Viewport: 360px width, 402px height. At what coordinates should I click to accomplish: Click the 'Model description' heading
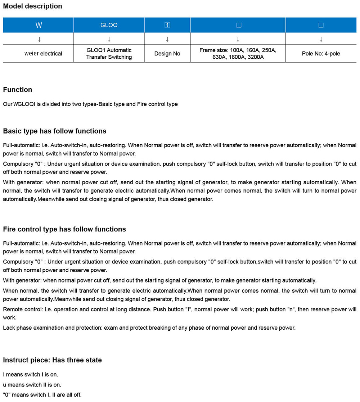click(x=32, y=6)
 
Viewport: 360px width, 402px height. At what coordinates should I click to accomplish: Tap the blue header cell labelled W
click(x=39, y=25)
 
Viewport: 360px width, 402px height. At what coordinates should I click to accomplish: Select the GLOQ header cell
click(x=109, y=25)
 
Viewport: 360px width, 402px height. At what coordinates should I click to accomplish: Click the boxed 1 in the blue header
click(x=167, y=25)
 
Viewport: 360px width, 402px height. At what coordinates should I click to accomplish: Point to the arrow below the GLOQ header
click(x=109, y=39)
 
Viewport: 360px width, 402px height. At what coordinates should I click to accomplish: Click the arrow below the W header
click(x=39, y=39)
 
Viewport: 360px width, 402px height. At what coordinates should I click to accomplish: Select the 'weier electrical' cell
click(x=43, y=54)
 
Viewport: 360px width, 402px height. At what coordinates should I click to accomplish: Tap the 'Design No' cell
click(x=167, y=54)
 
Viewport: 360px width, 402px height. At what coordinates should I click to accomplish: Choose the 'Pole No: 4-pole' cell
click(x=321, y=54)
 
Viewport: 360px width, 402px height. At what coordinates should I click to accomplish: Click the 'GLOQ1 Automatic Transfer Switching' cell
click(x=109, y=54)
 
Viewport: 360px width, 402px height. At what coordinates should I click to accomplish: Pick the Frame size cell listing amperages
click(x=238, y=54)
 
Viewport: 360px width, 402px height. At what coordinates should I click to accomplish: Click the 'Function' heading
click(x=17, y=90)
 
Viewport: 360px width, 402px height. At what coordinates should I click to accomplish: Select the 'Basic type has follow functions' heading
click(x=54, y=131)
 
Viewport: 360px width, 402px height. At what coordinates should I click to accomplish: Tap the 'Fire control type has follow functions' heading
click(x=64, y=229)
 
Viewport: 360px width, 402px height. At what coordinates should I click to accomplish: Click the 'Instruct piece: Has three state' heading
click(x=52, y=360)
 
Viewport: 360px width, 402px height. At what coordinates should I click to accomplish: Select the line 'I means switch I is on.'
click(x=30, y=374)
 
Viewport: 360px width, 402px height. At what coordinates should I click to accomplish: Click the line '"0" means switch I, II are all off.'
click(x=42, y=395)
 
